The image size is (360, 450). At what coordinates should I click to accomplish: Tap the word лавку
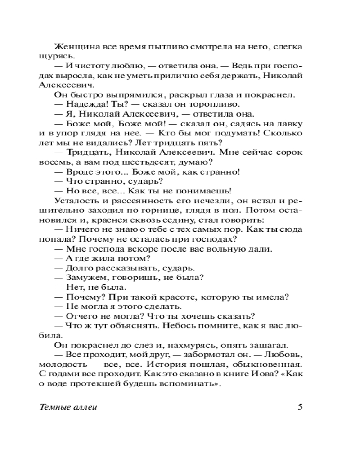coord(291,123)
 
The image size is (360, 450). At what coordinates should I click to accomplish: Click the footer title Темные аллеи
coord(68,408)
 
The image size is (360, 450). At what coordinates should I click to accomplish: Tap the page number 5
coord(300,408)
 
